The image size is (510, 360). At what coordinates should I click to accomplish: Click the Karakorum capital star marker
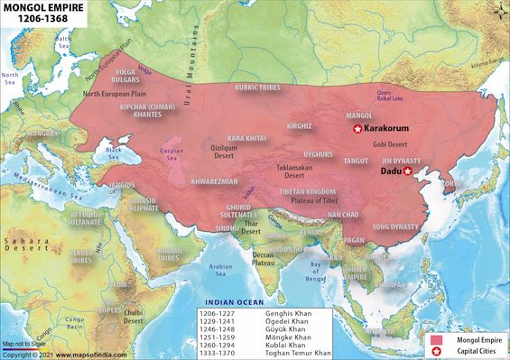pos(357,130)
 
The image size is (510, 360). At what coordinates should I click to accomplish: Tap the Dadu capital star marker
pos(407,171)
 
